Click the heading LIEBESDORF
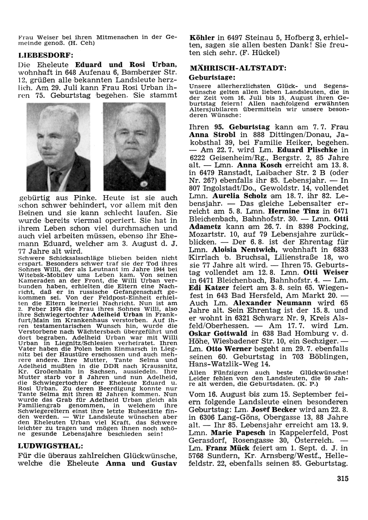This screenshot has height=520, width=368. click(x=46, y=55)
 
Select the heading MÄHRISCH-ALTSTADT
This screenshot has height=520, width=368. click(x=237, y=68)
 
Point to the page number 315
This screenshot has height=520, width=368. click(x=342, y=479)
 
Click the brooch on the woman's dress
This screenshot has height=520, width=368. click(x=142, y=183)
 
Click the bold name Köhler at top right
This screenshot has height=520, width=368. click(x=202, y=38)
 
